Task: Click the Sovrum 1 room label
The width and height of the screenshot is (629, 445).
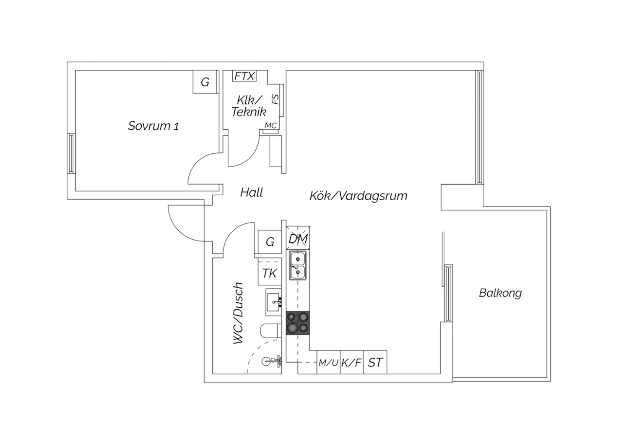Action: click(x=153, y=126)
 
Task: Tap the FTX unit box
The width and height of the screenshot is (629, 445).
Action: click(x=244, y=76)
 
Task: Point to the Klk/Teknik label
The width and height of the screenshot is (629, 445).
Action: click(x=249, y=106)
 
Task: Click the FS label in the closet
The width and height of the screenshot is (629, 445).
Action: click(x=276, y=99)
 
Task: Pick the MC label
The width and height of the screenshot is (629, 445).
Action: click(x=270, y=126)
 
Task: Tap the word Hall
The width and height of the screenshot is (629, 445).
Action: click(x=251, y=193)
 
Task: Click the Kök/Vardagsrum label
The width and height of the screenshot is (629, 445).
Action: click(x=358, y=196)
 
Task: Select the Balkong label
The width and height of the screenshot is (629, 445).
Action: click(x=500, y=293)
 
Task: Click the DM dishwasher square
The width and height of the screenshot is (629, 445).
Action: click(x=298, y=238)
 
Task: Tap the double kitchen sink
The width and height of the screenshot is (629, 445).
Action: click(x=298, y=265)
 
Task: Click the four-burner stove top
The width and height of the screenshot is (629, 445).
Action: click(x=298, y=323)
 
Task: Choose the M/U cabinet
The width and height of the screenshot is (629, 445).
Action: click(x=328, y=362)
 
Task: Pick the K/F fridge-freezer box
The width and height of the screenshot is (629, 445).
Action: click(x=352, y=362)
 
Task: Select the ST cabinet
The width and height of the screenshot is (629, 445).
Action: click(x=375, y=362)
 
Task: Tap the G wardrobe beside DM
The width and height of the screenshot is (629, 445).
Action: click(x=270, y=242)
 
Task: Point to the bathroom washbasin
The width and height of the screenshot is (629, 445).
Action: click(x=274, y=302)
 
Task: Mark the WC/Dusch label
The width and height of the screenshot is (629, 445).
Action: click(x=238, y=313)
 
